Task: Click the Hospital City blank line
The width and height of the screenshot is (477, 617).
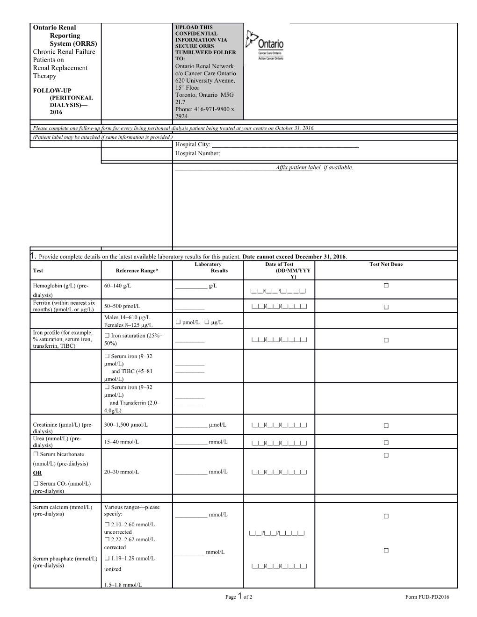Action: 285,145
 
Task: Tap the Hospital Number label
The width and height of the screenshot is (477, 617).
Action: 197,153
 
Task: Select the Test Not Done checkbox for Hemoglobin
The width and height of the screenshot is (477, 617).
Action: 386,286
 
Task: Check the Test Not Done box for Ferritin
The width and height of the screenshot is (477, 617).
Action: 386,307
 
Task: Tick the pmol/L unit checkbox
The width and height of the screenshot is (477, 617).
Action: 178,322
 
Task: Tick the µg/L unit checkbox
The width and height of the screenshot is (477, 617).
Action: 207,322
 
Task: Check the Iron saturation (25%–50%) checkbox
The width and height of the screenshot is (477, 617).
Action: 107,336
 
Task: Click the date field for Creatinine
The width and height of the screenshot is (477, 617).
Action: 279,425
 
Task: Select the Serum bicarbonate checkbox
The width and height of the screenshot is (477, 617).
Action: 36,454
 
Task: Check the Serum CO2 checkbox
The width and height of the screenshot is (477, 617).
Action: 36,484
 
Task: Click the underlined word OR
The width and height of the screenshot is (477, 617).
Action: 37,473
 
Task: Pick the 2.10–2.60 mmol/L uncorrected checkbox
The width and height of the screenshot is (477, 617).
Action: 107,524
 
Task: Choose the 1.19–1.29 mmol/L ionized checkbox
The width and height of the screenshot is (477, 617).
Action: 107,559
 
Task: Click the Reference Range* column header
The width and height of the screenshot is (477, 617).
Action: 137,271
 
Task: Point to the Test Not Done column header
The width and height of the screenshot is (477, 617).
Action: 386,265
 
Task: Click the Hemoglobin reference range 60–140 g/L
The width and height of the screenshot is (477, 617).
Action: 121,286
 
